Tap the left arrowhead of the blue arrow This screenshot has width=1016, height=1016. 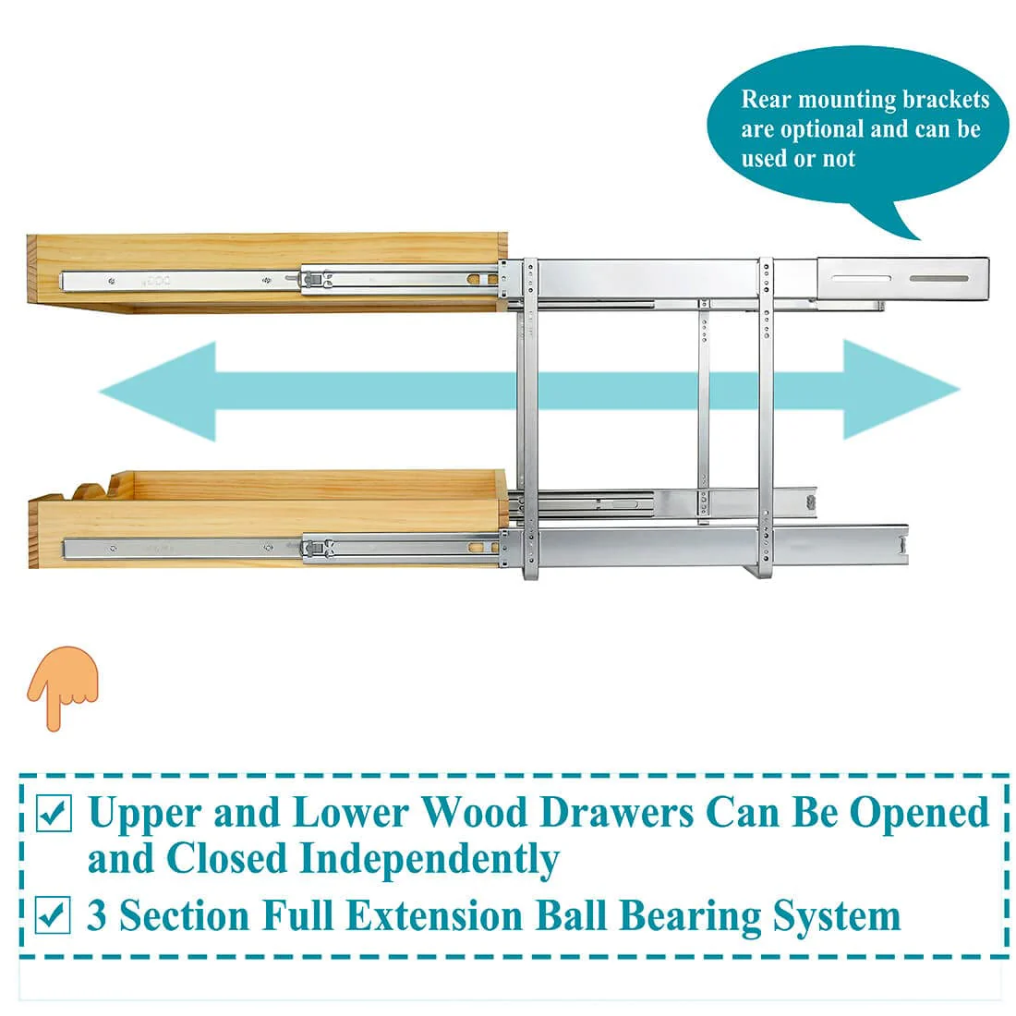pyautogui.click(x=159, y=392)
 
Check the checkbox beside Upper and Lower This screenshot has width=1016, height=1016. pyautogui.click(x=54, y=813)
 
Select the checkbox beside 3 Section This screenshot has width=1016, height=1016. pyautogui.click(x=54, y=914)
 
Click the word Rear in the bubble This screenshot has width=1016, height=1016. pyautogui.click(x=766, y=99)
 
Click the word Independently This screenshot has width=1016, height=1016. pyautogui.click(x=429, y=860)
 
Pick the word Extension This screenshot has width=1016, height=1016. pyautogui.click(x=434, y=915)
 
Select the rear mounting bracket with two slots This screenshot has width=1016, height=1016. pyautogui.click(x=902, y=279)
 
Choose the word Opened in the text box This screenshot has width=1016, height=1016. pyautogui.click(x=919, y=813)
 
